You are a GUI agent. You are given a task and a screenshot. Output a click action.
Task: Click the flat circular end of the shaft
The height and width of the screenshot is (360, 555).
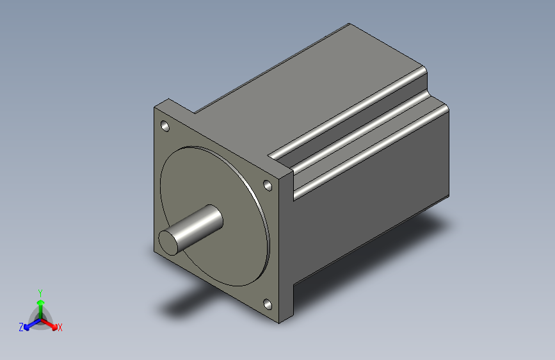[x=170, y=241]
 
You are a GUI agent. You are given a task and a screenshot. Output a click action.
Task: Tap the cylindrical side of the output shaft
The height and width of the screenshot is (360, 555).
[x=198, y=224]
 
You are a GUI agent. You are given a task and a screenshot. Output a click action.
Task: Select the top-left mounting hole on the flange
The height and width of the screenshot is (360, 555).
[x=165, y=126]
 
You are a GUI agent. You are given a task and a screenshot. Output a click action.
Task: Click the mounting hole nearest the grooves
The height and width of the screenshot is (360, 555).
[x=268, y=185]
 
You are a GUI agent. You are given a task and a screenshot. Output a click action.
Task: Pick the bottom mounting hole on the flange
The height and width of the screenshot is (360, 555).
[x=267, y=304]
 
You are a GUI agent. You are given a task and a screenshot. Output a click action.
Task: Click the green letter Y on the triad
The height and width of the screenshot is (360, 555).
[x=40, y=291]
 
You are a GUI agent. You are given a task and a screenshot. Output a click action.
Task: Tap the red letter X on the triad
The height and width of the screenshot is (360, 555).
[x=60, y=327]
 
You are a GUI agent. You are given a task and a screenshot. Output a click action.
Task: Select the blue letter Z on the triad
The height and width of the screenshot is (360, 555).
[x=21, y=327]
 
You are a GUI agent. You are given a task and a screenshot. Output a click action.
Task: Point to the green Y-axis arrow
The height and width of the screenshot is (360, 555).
[x=40, y=304]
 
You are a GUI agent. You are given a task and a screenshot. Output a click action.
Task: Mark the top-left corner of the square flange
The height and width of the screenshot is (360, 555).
[x=156, y=107]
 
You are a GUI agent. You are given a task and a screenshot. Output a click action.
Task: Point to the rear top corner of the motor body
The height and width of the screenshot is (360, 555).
[x=350, y=25]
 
